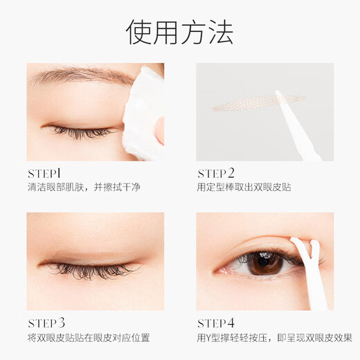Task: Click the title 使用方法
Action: (x=180, y=33)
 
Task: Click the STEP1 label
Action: (x=45, y=172)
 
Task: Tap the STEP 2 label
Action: (x=216, y=173)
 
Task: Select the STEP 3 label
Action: (x=46, y=322)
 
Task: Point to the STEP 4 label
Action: (x=216, y=322)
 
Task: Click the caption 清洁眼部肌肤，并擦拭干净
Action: (x=84, y=187)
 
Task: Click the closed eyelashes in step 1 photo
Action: (x=80, y=130)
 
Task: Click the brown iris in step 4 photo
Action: (x=265, y=262)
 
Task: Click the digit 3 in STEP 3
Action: (x=62, y=322)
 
